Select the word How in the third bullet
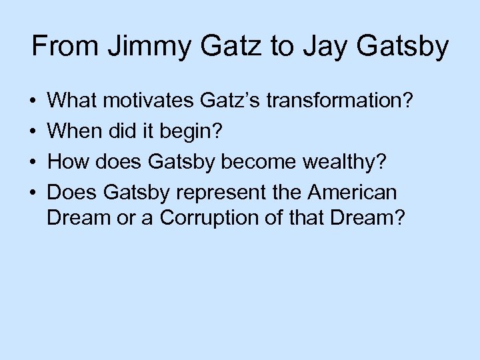tap(67, 162)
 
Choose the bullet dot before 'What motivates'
tap(33, 102)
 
